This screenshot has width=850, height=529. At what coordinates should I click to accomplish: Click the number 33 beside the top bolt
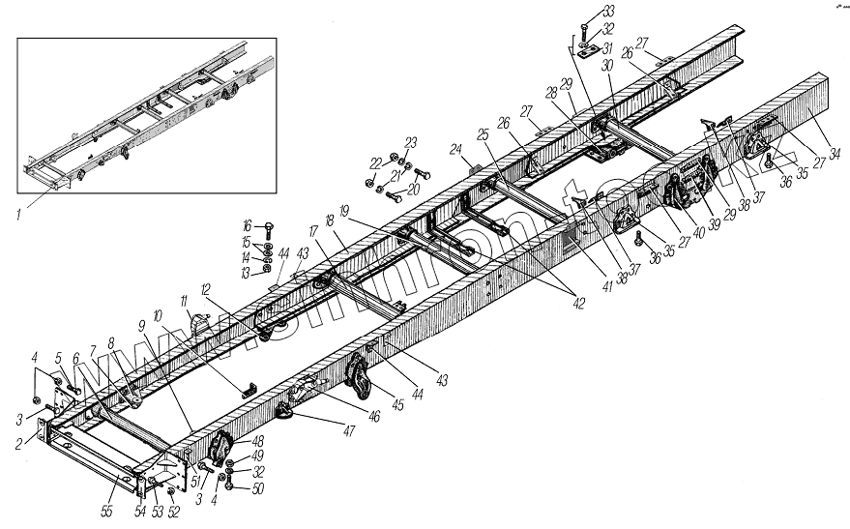(x=607, y=11)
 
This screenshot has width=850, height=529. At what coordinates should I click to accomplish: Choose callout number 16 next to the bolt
(x=247, y=225)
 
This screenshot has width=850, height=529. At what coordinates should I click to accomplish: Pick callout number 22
(x=374, y=162)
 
